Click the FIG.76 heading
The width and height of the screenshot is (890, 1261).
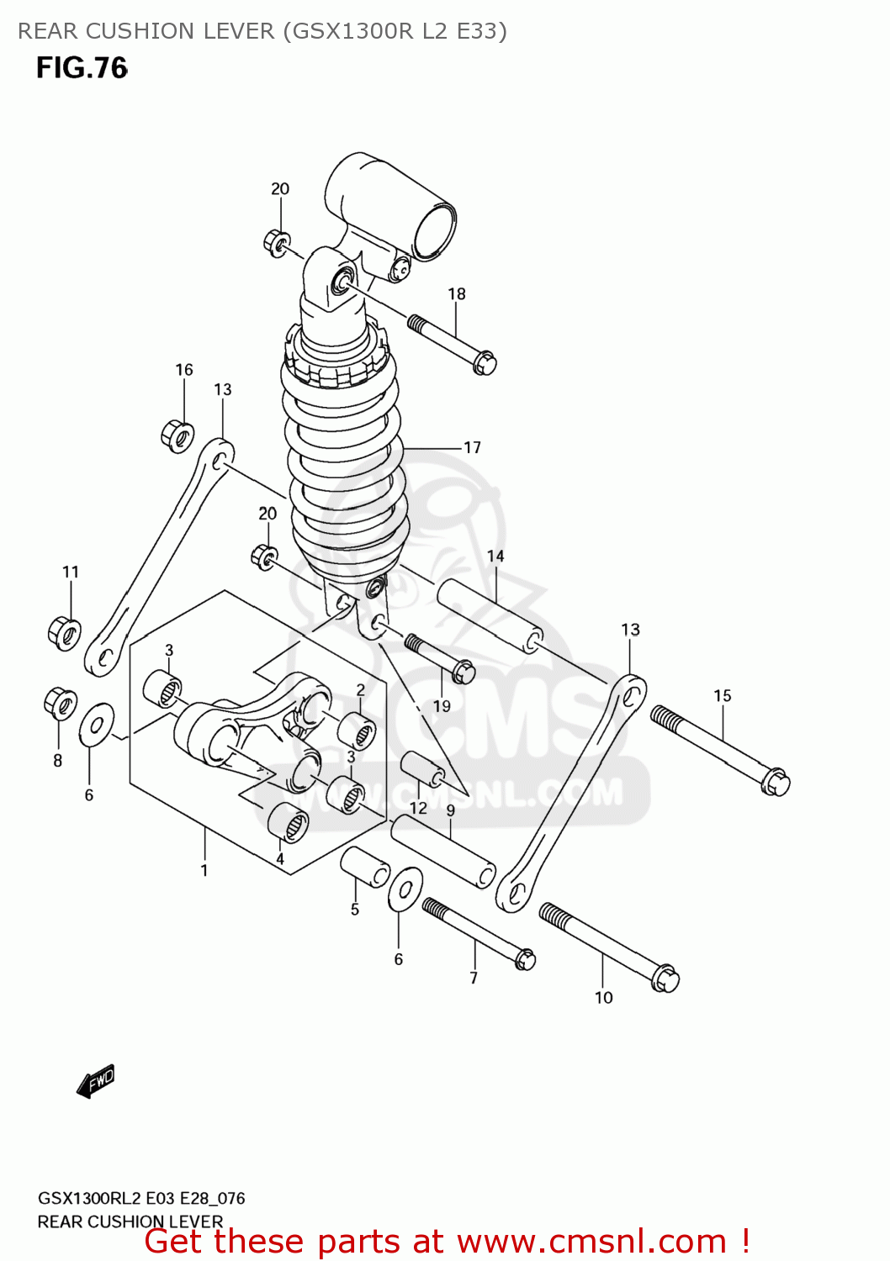[82, 68]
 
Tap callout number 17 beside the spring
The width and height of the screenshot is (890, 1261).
[473, 447]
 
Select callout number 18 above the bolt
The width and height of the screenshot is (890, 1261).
[457, 294]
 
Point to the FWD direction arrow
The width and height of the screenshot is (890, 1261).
[96, 1081]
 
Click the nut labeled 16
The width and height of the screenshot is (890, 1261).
[177, 435]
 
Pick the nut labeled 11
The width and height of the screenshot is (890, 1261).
[64, 632]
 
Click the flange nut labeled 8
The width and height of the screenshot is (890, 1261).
[60, 704]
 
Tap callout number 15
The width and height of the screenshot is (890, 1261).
[723, 696]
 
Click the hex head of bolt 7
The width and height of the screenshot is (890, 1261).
[525, 959]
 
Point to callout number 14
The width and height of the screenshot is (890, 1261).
[495, 557]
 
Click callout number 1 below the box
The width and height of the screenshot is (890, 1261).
[204, 871]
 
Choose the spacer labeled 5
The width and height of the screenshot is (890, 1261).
[364, 867]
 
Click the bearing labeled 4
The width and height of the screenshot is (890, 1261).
[288, 821]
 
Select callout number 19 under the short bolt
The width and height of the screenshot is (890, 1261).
[442, 707]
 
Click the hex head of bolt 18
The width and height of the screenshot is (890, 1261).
[485, 363]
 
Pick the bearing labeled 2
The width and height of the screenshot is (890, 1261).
[357, 730]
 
